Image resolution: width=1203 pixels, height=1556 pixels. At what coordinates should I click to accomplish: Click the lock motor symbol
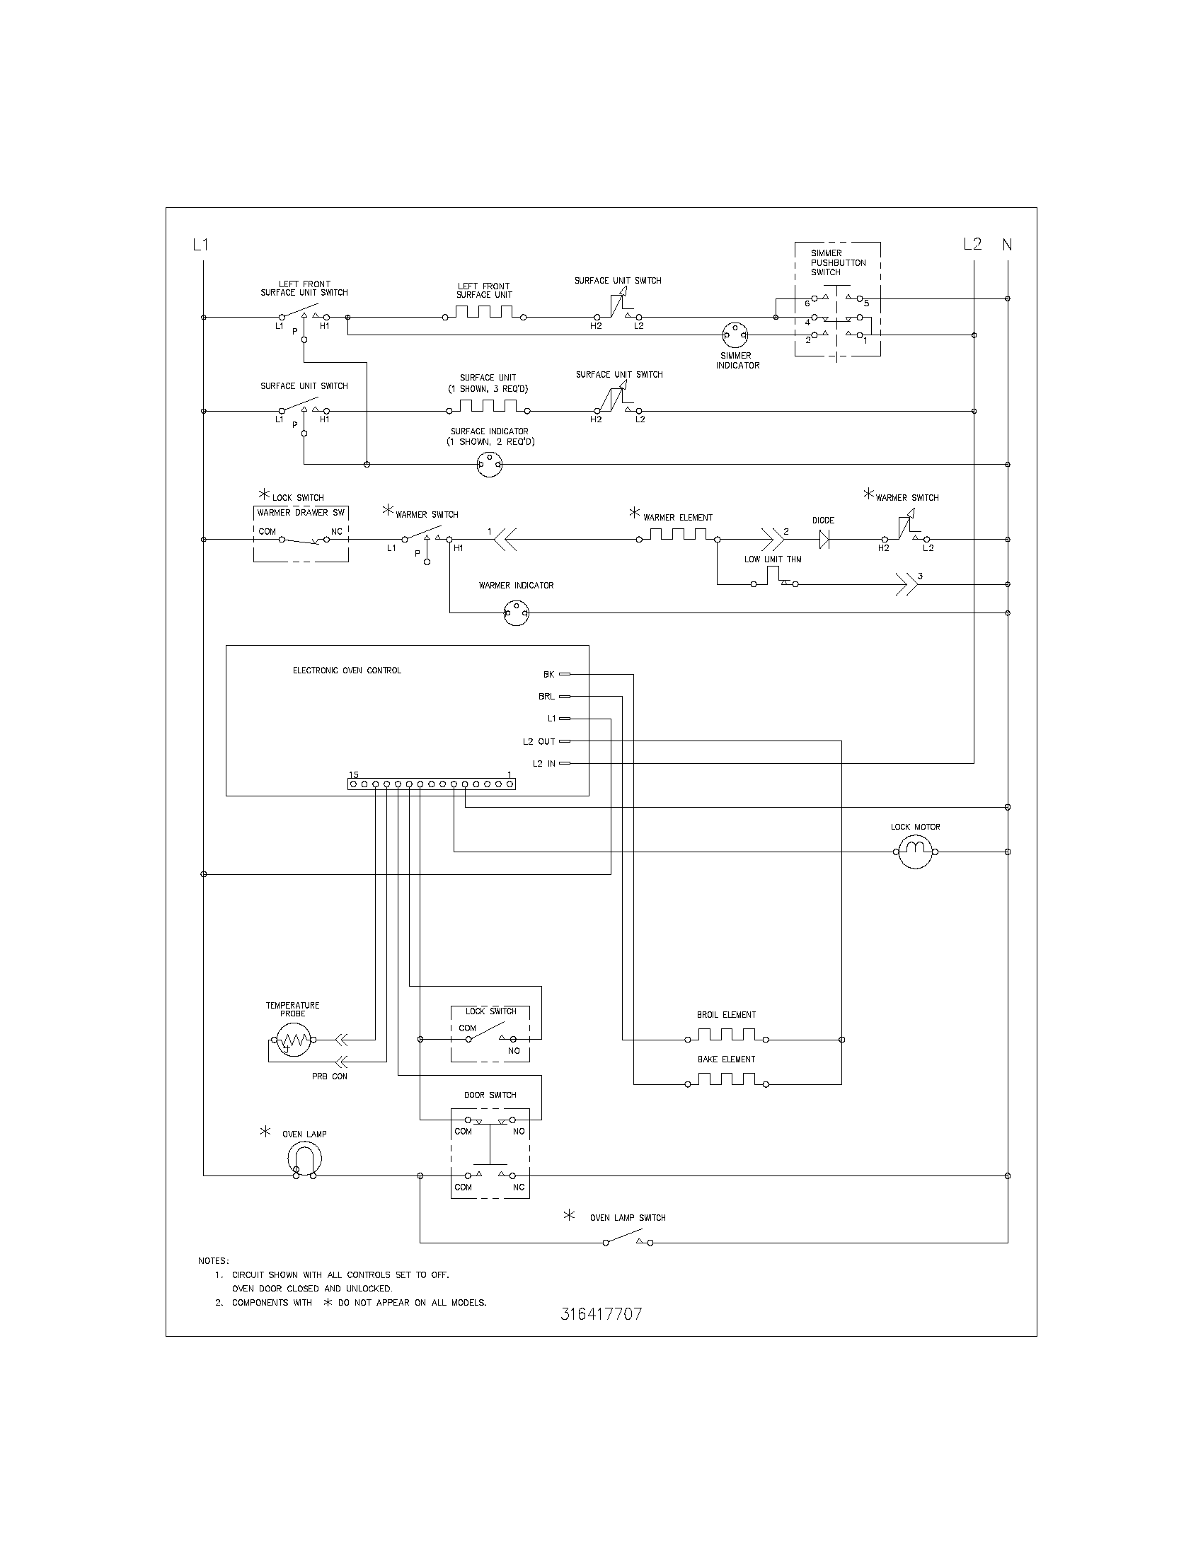tap(915, 852)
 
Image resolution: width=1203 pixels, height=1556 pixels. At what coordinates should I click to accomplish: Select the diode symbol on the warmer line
tap(824, 540)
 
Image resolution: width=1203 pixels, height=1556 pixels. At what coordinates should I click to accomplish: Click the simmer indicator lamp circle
tap(735, 335)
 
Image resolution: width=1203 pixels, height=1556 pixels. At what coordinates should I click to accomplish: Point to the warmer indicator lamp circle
tap(516, 612)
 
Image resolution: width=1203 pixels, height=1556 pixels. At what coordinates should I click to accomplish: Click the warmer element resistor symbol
tap(677, 536)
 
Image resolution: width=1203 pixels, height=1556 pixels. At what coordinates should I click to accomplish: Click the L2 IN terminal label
tap(543, 764)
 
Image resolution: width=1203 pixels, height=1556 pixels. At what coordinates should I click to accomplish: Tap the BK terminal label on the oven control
tap(548, 674)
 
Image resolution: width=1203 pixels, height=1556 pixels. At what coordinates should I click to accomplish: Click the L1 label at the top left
tap(200, 245)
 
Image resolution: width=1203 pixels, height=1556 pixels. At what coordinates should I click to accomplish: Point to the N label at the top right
tap(1007, 245)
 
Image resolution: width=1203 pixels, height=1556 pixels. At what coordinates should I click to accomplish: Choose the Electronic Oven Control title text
tap(347, 670)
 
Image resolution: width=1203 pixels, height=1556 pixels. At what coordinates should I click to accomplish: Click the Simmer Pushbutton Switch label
tap(838, 262)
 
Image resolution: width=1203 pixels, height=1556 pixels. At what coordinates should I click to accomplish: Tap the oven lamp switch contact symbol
tap(628, 1242)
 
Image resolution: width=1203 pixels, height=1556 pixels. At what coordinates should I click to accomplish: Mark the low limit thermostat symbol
tap(774, 580)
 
